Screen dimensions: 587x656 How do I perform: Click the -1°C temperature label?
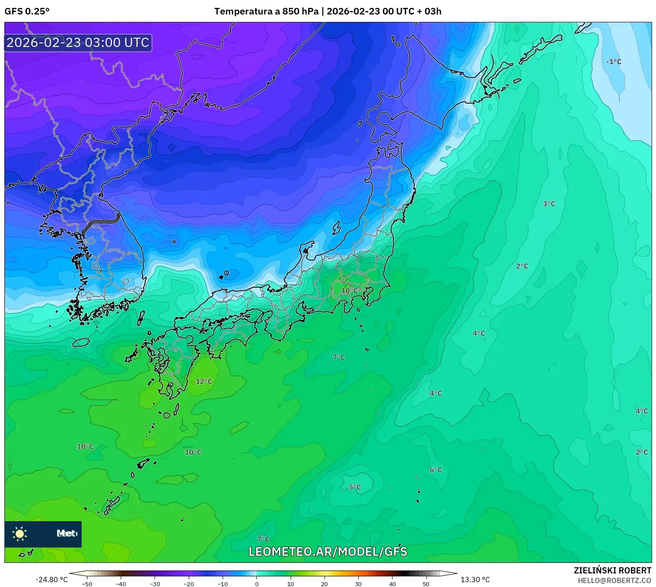(x=613, y=62)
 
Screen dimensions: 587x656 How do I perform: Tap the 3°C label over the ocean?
(x=549, y=204)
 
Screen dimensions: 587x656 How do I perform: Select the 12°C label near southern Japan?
(x=204, y=381)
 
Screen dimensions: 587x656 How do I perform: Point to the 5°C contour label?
(x=355, y=487)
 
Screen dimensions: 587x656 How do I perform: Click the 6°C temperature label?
(x=436, y=470)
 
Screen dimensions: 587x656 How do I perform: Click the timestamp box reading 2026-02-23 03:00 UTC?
(x=78, y=43)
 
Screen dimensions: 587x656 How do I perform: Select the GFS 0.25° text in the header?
(x=27, y=11)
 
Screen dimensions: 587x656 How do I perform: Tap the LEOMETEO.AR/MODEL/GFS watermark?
(x=328, y=551)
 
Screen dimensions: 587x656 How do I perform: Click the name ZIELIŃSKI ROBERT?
(x=612, y=570)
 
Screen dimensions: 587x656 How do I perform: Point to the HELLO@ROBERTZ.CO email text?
(x=614, y=580)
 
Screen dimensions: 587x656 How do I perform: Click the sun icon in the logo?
(x=20, y=534)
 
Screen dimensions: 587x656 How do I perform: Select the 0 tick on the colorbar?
(x=257, y=583)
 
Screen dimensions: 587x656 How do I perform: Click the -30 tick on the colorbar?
(x=155, y=583)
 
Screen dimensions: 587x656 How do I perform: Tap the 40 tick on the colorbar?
(x=392, y=583)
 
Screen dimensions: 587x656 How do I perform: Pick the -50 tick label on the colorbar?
(x=87, y=583)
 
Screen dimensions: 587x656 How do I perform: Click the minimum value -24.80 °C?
(x=52, y=580)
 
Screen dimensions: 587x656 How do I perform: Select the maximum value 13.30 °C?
(x=475, y=580)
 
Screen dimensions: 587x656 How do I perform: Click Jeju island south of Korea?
(x=81, y=342)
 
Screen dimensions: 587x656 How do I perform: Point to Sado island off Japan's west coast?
(x=336, y=228)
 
